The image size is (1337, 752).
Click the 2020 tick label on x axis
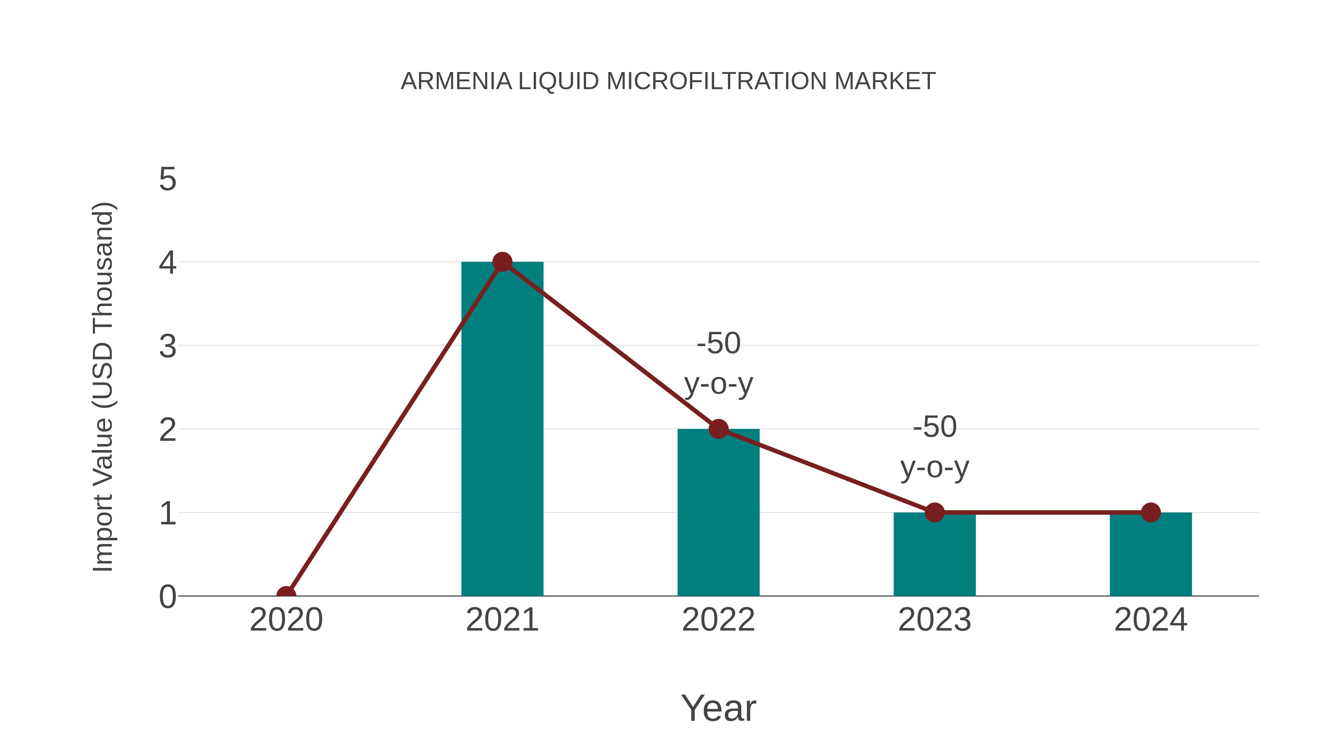tap(286, 620)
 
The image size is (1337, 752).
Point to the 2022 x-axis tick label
tap(718, 620)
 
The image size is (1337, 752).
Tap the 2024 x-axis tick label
tap(1151, 620)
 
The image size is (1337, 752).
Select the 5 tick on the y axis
tap(167, 180)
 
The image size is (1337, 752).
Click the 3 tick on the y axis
tap(167, 346)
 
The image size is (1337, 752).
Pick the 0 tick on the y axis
tap(167, 597)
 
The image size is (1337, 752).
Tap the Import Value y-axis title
tap(103, 387)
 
